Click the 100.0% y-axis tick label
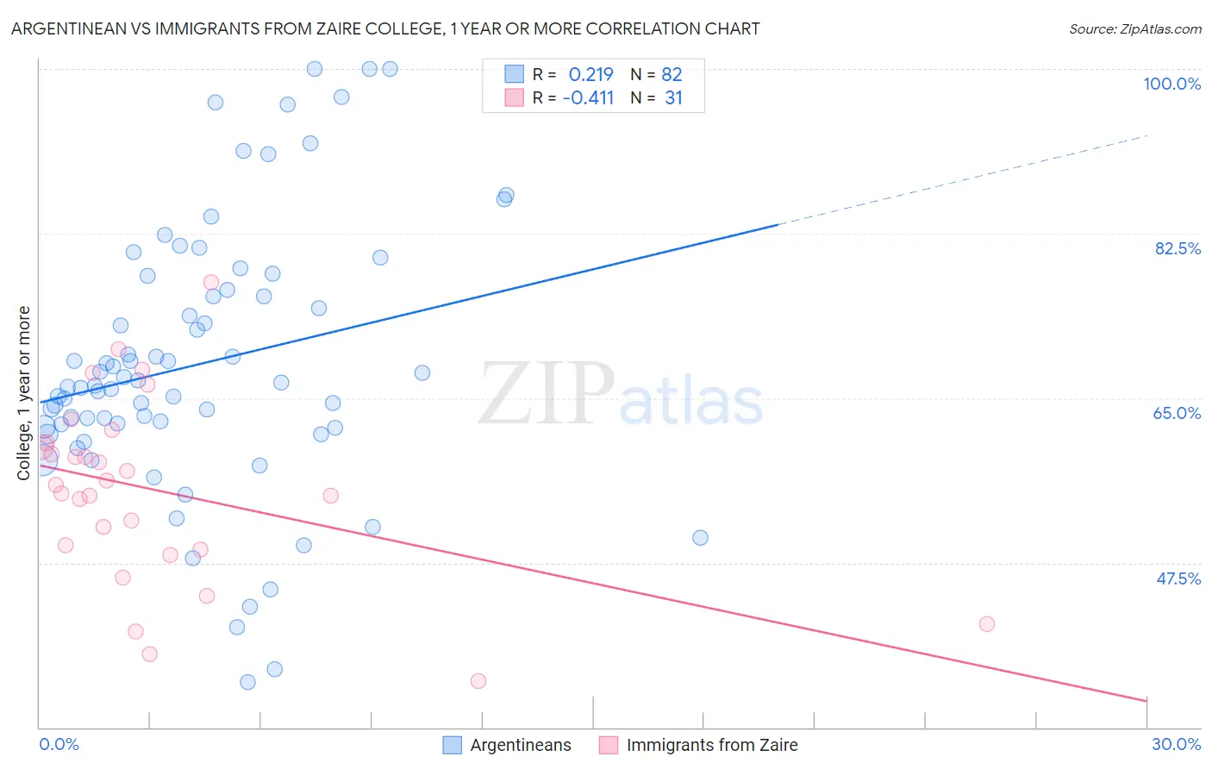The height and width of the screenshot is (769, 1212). (x=1171, y=84)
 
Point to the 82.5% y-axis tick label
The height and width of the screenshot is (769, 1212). (x=1178, y=248)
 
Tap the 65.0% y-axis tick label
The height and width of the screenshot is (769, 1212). (x=1177, y=413)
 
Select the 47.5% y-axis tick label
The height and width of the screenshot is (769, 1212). (x=1178, y=578)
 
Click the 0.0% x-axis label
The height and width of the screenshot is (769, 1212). (x=59, y=744)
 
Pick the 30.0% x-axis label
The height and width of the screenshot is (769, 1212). (x=1176, y=744)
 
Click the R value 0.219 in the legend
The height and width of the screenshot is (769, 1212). (x=590, y=74)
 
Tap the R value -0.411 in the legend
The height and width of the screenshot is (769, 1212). (x=588, y=98)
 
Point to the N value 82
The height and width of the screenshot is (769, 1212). (x=672, y=74)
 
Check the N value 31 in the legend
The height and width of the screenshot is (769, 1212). (x=673, y=98)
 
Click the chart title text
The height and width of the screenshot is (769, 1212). (x=385, y=28)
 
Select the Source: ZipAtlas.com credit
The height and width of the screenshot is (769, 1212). (x=1134, y=28)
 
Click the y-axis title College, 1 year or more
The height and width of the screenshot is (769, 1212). (x=24, y=392)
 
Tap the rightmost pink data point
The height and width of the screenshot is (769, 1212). (x=987, y=624)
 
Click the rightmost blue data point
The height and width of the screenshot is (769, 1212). (x=700, y=538)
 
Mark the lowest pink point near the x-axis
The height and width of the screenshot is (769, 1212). (x=478, y=681)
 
